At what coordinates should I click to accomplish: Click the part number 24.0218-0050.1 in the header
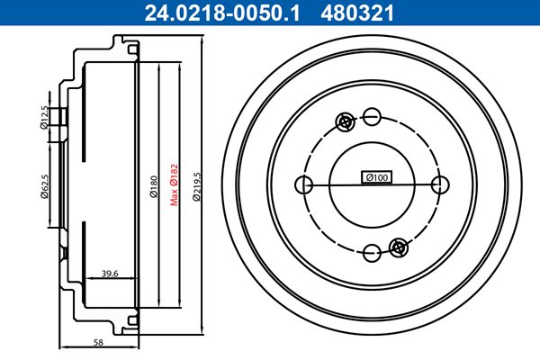[x=222, y=13]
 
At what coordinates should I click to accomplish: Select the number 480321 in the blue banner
[x=357, y=13]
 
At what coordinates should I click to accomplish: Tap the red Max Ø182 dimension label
[x=175, y=184]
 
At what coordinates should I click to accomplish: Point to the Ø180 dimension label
[x=154, y=186]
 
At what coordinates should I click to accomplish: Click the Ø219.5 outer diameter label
[x=196, y=186]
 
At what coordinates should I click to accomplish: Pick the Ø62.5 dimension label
[x=44, y=186]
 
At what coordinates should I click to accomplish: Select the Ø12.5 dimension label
[x=44, y=118]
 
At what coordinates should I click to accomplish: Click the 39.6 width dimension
[x=110, y=274]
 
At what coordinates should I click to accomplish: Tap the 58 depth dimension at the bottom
[x=98, y=342]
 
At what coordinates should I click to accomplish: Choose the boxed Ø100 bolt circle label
[x=377, y=177]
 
